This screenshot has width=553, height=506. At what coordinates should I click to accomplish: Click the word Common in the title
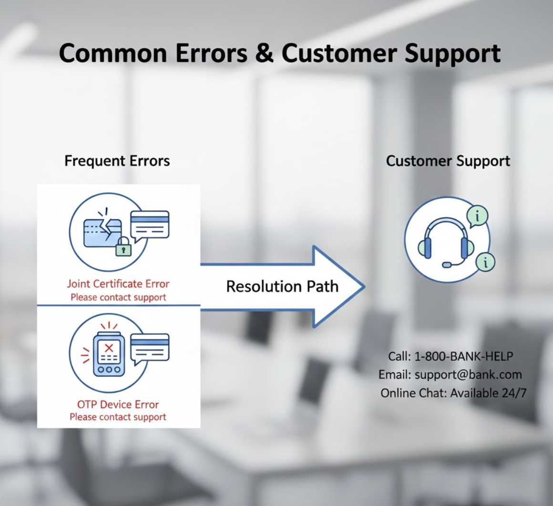click(x=113, y=53)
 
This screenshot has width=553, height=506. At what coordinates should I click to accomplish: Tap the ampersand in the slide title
click(x=265, y=53)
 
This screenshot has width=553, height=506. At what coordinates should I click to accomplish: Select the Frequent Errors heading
click(x=117, y=161)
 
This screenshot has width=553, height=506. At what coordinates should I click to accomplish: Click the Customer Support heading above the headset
click(x=448, y=161)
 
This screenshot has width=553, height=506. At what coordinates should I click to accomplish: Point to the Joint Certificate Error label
click(x=118, y=284)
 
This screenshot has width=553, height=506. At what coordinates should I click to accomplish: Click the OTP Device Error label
click(x=118, y=405)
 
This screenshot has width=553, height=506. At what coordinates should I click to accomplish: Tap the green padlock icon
click(x=123, y=247)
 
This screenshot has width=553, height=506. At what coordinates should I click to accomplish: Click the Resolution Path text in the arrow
click(x=282, y=286)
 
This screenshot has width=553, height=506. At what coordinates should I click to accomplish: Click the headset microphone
click(x=447, y=264)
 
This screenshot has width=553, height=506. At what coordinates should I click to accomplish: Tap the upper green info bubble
click(x=478, y=216)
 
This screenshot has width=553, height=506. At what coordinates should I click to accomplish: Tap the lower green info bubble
click(x=485, y=262)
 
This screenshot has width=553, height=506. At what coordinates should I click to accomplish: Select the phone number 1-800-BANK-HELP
click(x=464, y=356)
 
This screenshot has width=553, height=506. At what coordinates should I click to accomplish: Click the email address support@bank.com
click(x=468, y=374)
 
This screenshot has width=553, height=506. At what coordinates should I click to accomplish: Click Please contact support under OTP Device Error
click(x=118, y=417)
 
